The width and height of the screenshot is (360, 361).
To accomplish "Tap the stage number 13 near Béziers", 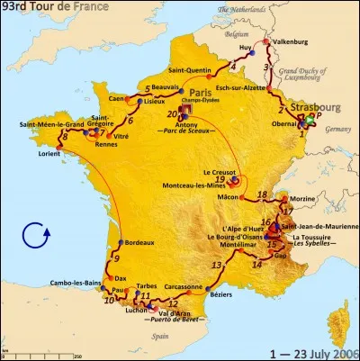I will [217, 265].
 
